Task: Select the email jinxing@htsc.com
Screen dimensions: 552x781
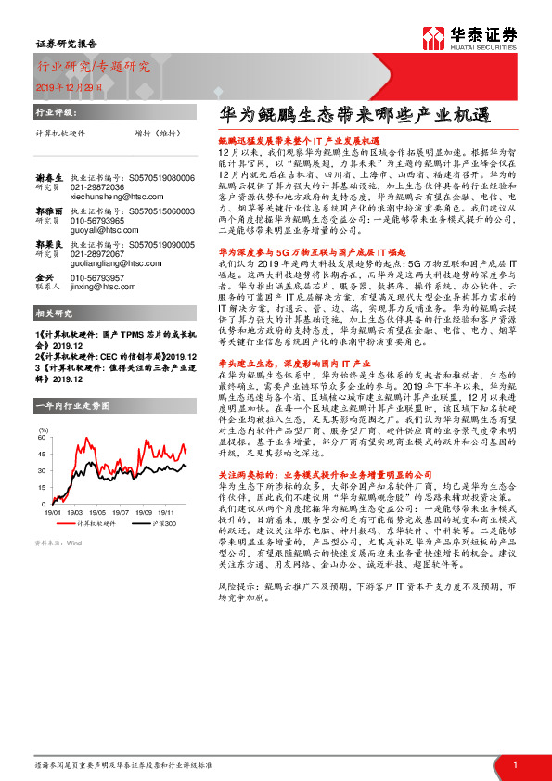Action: (104, 287)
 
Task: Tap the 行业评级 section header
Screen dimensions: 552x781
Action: (54, 110)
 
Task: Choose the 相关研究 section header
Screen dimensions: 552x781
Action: (54, 314)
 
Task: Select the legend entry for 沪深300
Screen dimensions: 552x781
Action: (165, 524)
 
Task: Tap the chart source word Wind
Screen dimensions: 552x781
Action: (74, 543)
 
